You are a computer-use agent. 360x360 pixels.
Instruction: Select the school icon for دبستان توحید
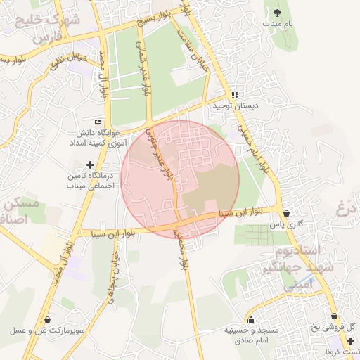tap(235, 95)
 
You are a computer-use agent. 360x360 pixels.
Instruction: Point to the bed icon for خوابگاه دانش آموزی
tap(98, 120)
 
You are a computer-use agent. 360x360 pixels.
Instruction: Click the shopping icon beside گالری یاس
tap(286, 214)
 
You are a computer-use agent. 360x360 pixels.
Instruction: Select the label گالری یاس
tap(287, 225)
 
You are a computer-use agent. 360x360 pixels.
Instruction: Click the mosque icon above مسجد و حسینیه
tap(252, 320)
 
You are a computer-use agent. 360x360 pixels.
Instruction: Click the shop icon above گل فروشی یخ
tap(334, 316)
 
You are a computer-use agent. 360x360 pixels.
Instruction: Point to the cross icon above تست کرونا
tap(350, 341)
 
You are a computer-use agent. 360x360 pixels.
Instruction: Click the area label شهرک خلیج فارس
tap(47, 27)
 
